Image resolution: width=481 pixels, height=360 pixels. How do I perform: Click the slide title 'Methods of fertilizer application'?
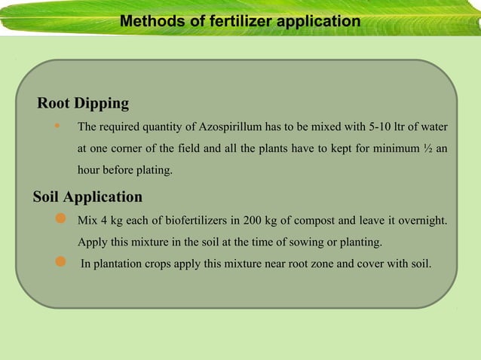coord(240,22)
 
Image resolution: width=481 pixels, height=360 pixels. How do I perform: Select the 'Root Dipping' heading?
coord(83,103)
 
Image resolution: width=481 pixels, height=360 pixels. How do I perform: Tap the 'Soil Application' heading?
coord(87,197)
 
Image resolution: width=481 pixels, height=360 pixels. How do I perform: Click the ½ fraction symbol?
coord(427,148)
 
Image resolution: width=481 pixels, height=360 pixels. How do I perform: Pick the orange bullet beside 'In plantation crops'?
coord(62,261)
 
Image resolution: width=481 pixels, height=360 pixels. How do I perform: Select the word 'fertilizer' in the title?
coord(238,22)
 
